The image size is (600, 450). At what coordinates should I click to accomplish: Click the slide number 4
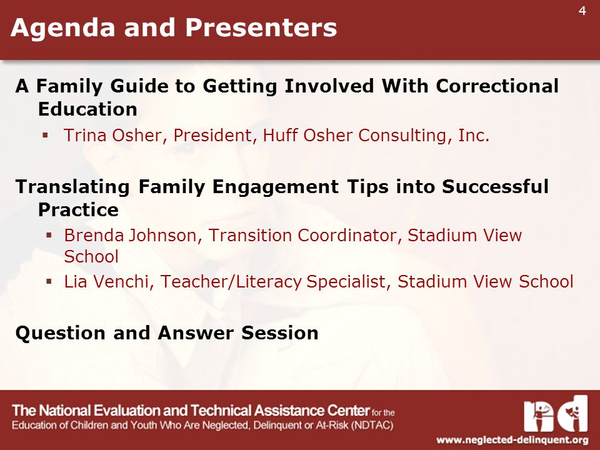(582, 11)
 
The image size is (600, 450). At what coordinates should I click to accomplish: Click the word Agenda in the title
(62, 28)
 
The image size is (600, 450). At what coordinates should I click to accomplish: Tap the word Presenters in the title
(261, 28)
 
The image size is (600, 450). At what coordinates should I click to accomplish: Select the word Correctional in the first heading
(497, 86)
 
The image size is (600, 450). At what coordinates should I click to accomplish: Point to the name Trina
(85, 135)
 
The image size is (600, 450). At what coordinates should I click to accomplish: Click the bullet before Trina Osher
(45, 135)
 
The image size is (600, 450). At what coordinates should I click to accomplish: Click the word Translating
(72, 187)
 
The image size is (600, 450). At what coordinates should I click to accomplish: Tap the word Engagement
(276, 187)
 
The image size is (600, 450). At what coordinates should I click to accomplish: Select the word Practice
(79, 210)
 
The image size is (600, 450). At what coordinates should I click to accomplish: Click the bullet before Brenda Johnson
(49, 236)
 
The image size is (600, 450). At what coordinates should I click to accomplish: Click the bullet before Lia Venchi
(49, 282)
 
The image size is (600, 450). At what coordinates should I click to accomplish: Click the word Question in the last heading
(61, 333)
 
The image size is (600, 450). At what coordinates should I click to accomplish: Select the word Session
(280, 333)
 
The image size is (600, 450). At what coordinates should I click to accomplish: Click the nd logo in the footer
(556, 414)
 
